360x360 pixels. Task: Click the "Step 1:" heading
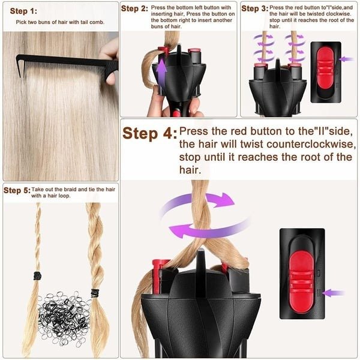coord(23,11)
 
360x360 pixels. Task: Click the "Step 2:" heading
coord(134,9)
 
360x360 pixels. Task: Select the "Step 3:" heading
coord(254,9)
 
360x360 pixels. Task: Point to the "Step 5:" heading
coord(16,190)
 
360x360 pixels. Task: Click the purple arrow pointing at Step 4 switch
coord(334,293)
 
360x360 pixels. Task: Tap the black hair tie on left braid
coord(37,275)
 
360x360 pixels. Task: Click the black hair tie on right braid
coord(94,293)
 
